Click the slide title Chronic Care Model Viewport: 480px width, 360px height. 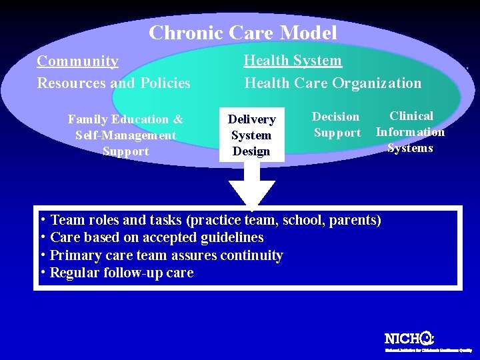click(x=243, y=33)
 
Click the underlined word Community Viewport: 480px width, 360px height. click(x=78, y=61)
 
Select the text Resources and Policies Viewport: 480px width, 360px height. click(x=113, y=83)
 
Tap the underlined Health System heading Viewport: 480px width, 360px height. click(x=293, y=61)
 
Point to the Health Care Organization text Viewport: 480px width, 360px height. click(x=333, y=83)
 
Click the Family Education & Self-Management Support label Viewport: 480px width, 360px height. click(x=125, y=135)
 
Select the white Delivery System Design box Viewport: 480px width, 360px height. click(x=251, y=135)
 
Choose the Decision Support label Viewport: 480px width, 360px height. click(x=336, y=125)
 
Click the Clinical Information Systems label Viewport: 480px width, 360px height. click(x=410, y=132)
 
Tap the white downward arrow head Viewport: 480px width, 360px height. click(x=251, y=193)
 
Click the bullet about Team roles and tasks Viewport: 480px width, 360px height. click(x=212, y=220)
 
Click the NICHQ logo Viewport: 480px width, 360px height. click(x=409, y=338)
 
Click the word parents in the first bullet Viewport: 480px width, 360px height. click(x=353, y=220)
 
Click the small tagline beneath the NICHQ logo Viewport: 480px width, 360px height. click(x=428, y=349)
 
